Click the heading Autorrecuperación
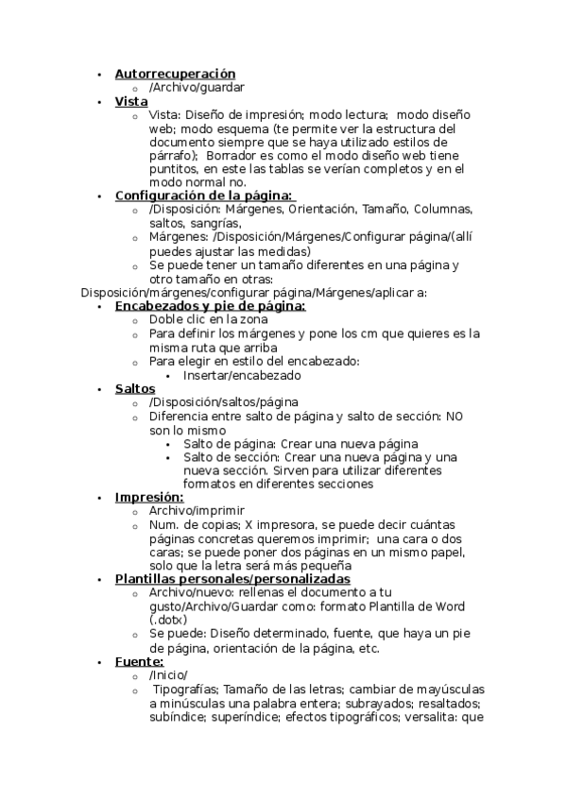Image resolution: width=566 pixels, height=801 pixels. click(x=175, y=73)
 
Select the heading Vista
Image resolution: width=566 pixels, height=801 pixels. click(x=131, y=100)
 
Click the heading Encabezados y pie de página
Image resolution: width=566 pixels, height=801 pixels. click(x=210, y=306)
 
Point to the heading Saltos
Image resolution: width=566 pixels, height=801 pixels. click(x=135, y=388)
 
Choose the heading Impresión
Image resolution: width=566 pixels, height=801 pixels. click(x=149, y=497)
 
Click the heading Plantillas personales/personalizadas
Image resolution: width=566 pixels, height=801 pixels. click(x=232, y=579)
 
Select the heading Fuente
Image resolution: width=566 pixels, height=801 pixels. click(x=139, y=661)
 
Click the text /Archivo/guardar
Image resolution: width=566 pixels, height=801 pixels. click(x=197, y=87)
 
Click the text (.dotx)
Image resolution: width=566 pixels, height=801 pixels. click(x=168, y=620)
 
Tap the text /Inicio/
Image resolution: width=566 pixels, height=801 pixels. click(x=168, y=675)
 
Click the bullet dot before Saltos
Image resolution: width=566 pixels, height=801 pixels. click(x=102, y=389)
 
